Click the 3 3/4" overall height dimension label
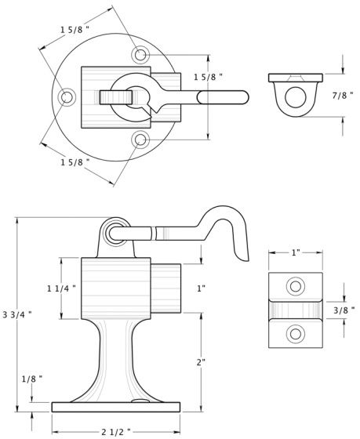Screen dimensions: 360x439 coord(16,315)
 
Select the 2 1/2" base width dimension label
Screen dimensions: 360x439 coord(116,432)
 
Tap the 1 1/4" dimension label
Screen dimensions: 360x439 coord(61,288)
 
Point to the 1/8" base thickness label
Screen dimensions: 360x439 coord(32,379)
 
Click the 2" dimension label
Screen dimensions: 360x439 coord(201,362)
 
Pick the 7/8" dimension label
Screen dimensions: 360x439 coord(343,96)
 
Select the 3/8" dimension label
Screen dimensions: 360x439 coord(344,310)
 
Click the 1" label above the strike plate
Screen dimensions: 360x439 coord(296,252)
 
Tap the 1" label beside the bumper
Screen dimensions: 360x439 coord(201,288)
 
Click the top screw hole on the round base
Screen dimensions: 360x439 coord(140,55)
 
